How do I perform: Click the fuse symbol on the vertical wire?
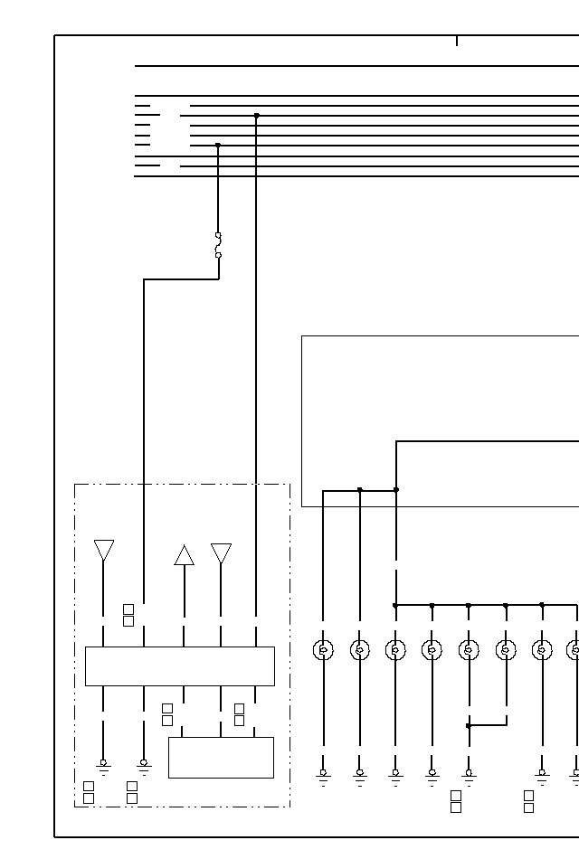point(218,245)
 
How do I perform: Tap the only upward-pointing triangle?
point(184,555)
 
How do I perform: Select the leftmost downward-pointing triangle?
point(104,550)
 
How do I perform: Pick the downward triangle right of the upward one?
point(221,553)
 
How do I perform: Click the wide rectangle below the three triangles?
point(179,665)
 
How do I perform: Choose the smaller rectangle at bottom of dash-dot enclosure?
point(221,757)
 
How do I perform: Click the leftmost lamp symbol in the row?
point(323,649)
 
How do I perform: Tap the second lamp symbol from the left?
point(360,649)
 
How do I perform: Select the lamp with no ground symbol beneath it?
point(506,649)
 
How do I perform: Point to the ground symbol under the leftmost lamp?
point(323,776)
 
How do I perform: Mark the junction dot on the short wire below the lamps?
point(469,725)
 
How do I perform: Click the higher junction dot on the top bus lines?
point(257,116)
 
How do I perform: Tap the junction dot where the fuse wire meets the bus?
point(218,145)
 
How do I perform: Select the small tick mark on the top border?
point(457,41)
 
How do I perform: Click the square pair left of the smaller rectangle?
point(167,714)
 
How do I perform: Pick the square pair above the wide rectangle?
point(128,615)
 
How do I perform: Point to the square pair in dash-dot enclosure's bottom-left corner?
point(89,792)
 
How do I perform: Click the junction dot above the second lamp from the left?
point(360,489)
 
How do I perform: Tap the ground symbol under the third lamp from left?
point(395,776)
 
